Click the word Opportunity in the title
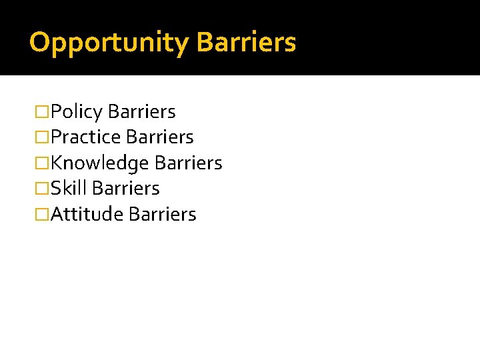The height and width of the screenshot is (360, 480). pos(109,43)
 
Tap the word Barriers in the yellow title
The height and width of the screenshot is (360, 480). pos(247,43)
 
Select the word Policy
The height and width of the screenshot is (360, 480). pos(76,111)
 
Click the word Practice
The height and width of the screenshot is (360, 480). pos(85,137)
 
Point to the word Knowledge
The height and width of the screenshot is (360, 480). pos(100,163)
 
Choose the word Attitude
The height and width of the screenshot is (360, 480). pos(87,215)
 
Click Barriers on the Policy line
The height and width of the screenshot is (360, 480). pos(141,111)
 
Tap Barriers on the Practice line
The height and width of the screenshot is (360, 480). pos(159,137)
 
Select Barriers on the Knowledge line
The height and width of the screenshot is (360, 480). pos(188,163)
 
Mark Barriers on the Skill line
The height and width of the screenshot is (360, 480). pos(126,189)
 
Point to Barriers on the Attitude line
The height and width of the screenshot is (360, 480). pos(162,215)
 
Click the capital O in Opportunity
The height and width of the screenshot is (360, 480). pos(39,43)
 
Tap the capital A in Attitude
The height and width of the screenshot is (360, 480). pos(57,215)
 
